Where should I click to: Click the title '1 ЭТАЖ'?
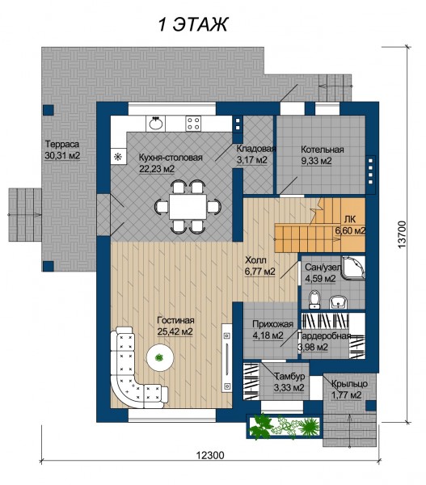[x=193, y=24]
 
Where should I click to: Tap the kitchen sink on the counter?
[x=156, y=124]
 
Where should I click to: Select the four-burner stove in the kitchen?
[x=193, y=124]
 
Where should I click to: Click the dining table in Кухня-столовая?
[x=188, y=206]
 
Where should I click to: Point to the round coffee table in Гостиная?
[x=159, y=358]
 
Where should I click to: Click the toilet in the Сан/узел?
[x=314, y=299]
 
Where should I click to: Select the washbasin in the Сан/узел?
[x=338, y=302]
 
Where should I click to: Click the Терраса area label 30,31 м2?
[x=62, y=155]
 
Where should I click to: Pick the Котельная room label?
[x=323, y=150]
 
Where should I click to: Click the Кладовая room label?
[x=256, y=149]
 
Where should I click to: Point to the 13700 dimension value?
[x=402, y=234]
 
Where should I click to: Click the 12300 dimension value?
[x=210, y=455]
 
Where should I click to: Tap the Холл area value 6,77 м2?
[x=259, y=272]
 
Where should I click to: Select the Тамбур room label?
[x=289, y=376]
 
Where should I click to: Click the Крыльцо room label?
[x=349, y=384]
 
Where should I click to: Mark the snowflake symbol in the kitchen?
[x=118, y=157]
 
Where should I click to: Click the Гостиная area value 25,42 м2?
[x=175, y=331]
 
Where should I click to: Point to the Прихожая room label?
[x=272, y=324]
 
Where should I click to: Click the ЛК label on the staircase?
[x=349, y=219]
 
